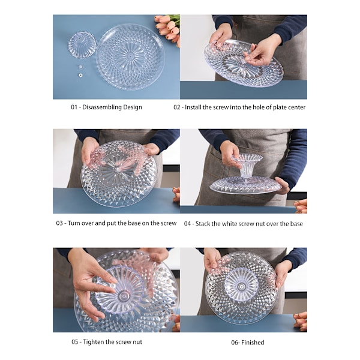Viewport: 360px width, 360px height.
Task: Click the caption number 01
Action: (74, 107)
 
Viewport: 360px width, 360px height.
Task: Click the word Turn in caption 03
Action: (74, 223)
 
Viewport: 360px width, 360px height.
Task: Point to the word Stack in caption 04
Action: (203, 224)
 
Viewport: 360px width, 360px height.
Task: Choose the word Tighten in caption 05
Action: (94, 342)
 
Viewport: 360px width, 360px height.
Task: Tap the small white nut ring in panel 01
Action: (80, 75)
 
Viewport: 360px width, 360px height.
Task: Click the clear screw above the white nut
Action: (80, 67)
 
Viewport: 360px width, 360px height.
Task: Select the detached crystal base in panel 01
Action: (82, 45)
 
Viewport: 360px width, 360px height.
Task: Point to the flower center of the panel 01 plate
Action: (130, 56)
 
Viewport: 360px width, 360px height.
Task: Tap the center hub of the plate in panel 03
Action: (118, 170)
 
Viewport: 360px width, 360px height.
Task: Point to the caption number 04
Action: (187, 224)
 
